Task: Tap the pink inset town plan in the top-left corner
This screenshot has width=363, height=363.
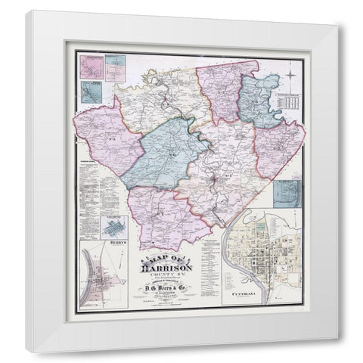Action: click(89, 66)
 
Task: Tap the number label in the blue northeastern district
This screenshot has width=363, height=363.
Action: click(257, 101)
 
